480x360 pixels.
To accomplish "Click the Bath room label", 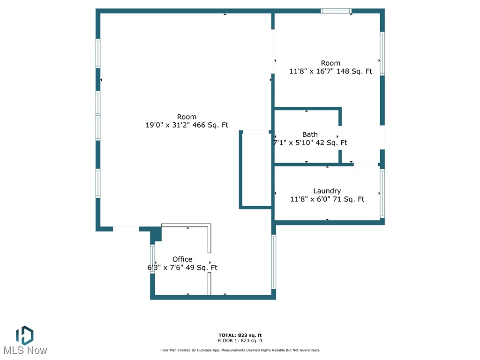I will [x=310, y=135].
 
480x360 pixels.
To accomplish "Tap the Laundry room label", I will [x=327, y=191].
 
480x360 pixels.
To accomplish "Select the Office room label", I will [x=182, y=259].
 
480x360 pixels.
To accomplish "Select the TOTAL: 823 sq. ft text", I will [x=240, y=335].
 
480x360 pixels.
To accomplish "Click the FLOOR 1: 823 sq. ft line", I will [x=240, y=341].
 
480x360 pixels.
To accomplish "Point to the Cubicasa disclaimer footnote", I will [x=240, y=350].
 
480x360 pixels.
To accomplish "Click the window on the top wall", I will [x=336, y=11].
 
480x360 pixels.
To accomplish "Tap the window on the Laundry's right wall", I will [x=382, y=193].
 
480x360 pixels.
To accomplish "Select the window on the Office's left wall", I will [x=152, y=259].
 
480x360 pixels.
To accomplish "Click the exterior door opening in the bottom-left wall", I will [x=126, y=229].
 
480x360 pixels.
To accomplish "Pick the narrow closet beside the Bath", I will [x=256, y=170].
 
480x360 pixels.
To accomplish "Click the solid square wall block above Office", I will [x=156, y=233].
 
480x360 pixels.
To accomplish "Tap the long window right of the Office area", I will [x=274, y=262].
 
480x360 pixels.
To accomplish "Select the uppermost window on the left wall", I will [x=98, y=53].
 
